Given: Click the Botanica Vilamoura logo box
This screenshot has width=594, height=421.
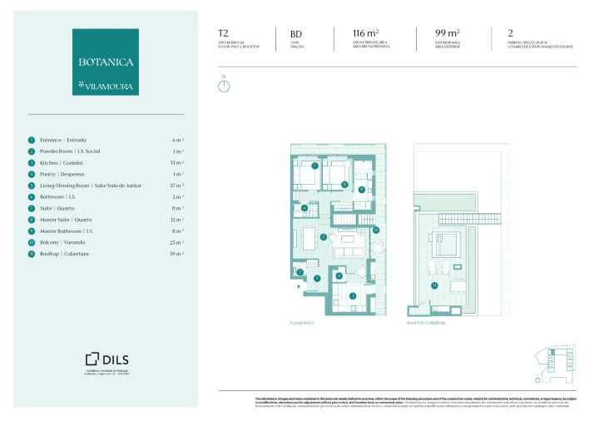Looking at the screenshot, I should coord(106,62).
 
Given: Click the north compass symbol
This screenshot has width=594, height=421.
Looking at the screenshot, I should coord(224,86).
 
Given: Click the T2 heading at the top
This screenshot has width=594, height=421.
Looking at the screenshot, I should coord(223,33).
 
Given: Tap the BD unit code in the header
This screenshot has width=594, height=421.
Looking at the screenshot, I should coord(296,33).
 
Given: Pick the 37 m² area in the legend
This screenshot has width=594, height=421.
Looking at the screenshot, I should coord(176,186).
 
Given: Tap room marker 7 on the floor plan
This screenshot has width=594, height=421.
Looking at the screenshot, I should coord(314,166).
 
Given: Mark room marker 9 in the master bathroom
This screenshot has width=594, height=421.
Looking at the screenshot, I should coord(361,189).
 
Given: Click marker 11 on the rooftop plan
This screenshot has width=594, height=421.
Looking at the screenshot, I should coord(433,285).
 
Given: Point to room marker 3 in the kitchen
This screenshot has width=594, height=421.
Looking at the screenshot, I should coord(352,295).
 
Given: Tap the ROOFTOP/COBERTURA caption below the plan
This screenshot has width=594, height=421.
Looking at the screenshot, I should coord(426,322).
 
